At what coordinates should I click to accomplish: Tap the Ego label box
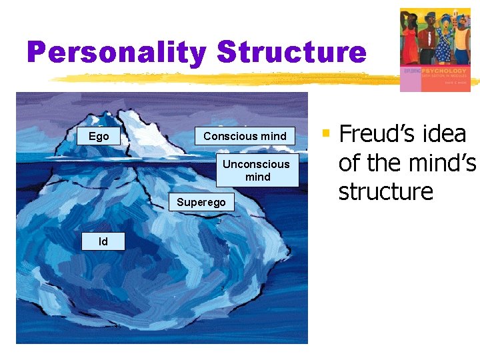tap(99, 136)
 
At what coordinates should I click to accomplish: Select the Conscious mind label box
tap(245, 136)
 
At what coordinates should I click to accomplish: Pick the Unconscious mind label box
tap(257, 171)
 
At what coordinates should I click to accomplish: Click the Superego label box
tap(201, 202)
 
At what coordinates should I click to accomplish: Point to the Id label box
tap(103, 241)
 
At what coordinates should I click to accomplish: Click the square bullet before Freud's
tap(326, 134)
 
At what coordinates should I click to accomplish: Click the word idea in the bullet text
tap(444, 135)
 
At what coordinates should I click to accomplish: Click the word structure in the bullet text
tap(385, 192)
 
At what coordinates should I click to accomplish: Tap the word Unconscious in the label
tap(257, 164)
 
